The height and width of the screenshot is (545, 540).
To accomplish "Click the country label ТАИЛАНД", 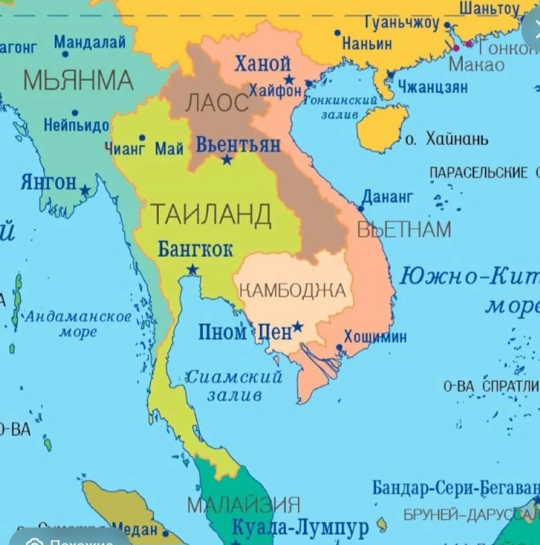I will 211,215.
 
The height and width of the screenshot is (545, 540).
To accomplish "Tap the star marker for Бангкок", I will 192,270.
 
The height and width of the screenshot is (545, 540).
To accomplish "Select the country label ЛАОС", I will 217,103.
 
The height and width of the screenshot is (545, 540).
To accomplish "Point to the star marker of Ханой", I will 289,79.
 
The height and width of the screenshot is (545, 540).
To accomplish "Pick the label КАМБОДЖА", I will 292,291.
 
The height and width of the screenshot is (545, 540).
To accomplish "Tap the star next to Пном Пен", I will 297,327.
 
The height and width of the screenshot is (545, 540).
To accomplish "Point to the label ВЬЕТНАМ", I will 404,230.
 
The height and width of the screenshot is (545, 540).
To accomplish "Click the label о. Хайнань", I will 446,139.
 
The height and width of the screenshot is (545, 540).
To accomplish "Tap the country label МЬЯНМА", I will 78,79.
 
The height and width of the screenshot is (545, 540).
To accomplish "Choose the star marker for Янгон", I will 85,191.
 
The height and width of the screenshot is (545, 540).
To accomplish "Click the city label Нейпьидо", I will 76,125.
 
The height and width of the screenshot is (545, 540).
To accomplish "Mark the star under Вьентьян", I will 227,159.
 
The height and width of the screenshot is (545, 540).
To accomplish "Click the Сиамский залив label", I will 234,385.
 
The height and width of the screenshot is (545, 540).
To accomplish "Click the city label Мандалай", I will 90,43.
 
